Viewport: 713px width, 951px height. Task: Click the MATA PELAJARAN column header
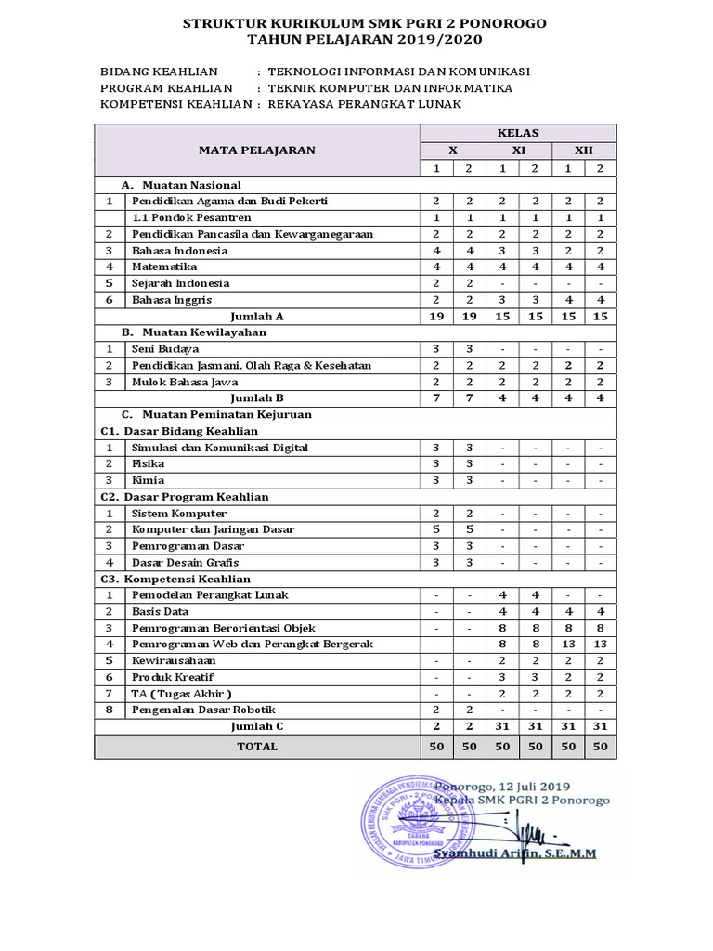[256, 150]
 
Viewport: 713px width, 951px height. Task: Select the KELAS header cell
[517, 133]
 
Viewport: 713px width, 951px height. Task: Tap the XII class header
[583, 150]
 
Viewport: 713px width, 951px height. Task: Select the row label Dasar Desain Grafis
[186, 562]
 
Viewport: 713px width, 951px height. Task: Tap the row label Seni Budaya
[165, 349]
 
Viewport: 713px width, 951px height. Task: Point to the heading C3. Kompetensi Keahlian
[175, 579]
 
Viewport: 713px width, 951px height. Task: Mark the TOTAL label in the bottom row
[256, 746]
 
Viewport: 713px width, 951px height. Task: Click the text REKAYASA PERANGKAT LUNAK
[364, 105]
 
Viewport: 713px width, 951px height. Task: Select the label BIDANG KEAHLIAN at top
[159, 72]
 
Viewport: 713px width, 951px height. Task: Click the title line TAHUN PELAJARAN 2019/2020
[365, 39]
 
